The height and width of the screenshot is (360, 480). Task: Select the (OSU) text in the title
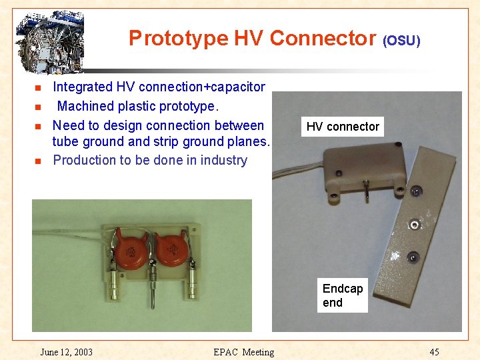pyautogui.click(x=401, y=41)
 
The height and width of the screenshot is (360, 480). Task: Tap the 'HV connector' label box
pyautogui.click(x=343, y=127)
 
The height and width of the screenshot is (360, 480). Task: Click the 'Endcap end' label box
pyautogui.click(x=343, y=295)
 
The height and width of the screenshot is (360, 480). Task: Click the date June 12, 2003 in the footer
pyautogui.click(x=66, y=352)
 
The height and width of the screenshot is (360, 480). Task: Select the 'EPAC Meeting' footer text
pyautogui.click(x=243, y=352)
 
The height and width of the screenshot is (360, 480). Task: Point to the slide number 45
pyautogui.click(x=434, y=352)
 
